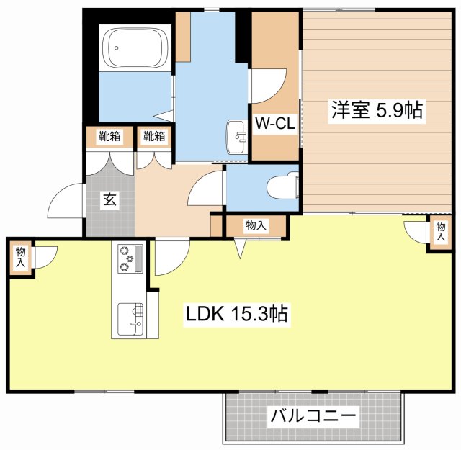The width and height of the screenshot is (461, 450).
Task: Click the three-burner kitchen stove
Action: coord(129,258)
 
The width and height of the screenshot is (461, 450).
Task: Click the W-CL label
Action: coord(274,124)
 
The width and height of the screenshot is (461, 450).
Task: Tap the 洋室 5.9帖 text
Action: coord(376,110)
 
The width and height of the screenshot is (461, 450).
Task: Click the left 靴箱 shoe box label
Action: coord(109,136)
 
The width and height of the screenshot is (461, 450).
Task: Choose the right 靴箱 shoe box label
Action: coord(153,136)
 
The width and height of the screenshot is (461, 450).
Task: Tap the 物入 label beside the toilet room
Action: coord(256,225)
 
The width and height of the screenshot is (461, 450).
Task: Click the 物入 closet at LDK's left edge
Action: coord(20,257)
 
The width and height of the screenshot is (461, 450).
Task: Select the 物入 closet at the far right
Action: coord(439,233)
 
